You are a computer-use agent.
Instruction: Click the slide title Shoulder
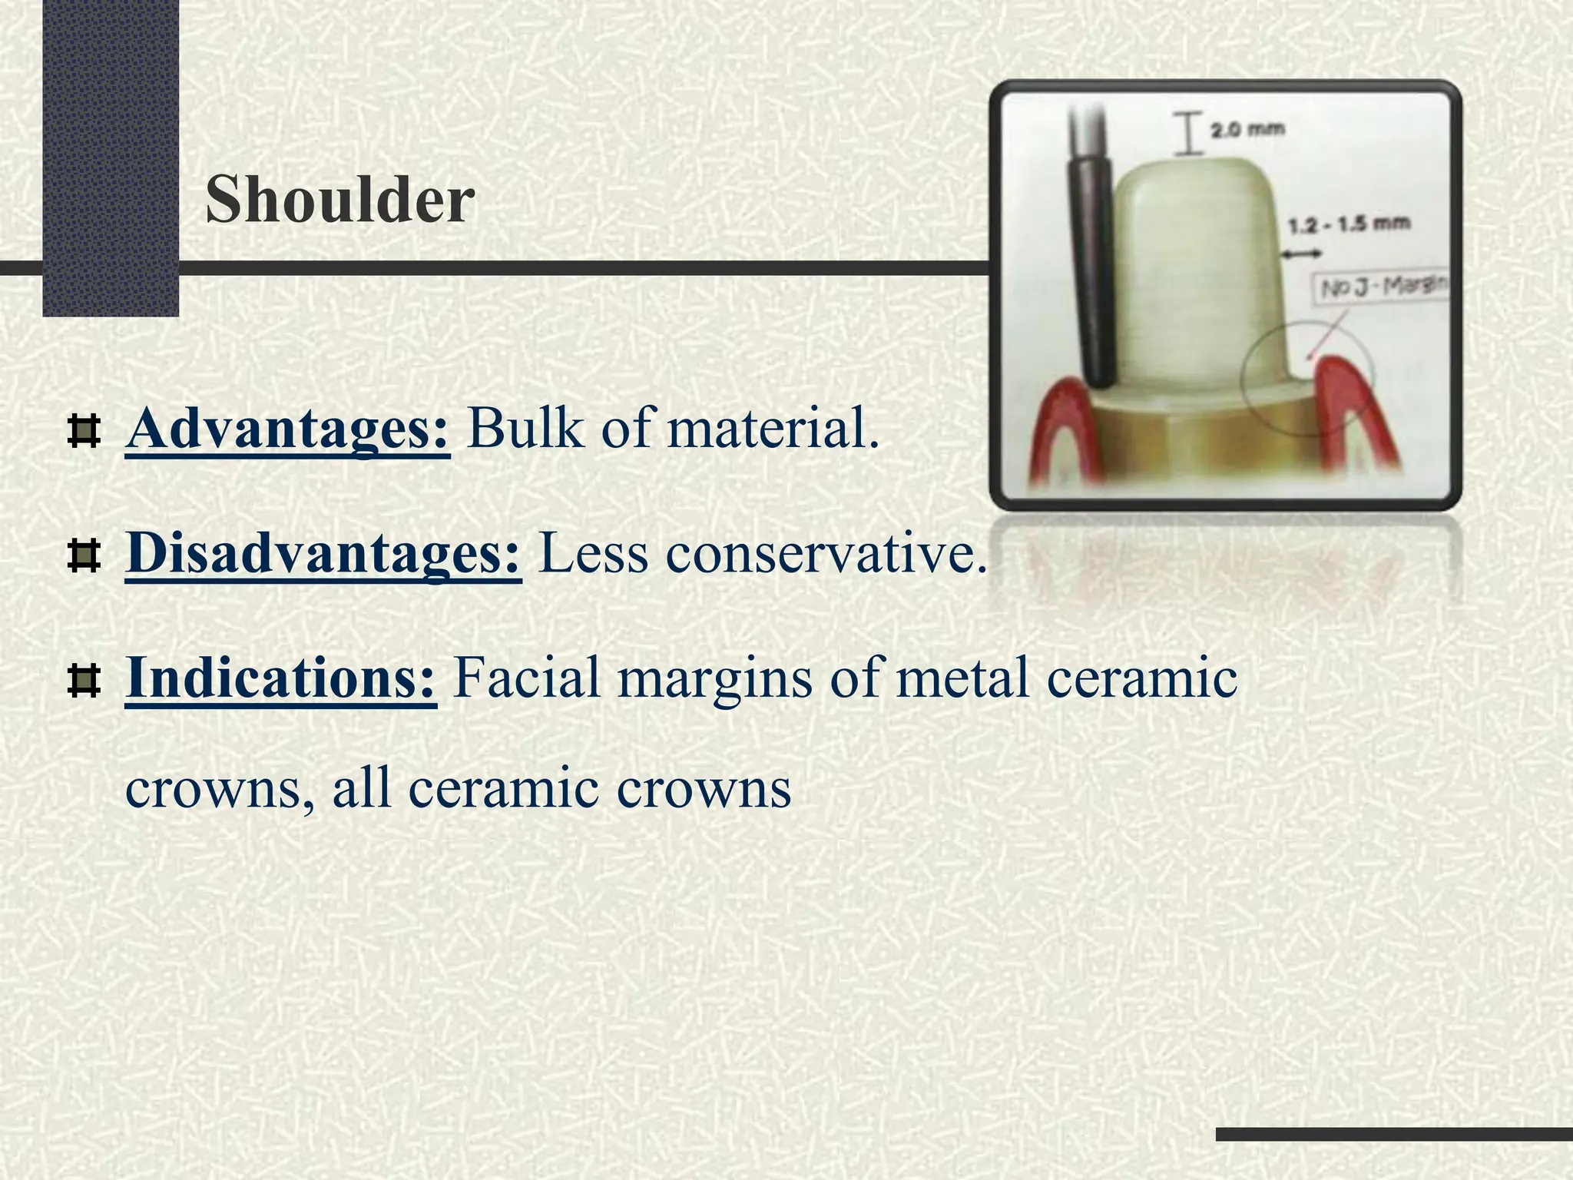pyautogui.click(x=340, y=200)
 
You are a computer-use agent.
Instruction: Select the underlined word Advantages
pyautogui.click(x=287, y=429)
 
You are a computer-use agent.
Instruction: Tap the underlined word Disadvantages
pyautogui.click(x=323, y=553)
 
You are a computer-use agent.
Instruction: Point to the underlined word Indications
pyautogui.click(x=281, y=678)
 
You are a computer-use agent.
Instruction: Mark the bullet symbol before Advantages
pyautogui.click(x=84, y=432)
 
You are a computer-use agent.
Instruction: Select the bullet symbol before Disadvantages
pyautogui.click(x=84, y=556)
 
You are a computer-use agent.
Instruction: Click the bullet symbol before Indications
pyautogui.click(x=84, y=681)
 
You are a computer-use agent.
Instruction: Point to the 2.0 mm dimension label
pyautogui.click(x=1247, y=130)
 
